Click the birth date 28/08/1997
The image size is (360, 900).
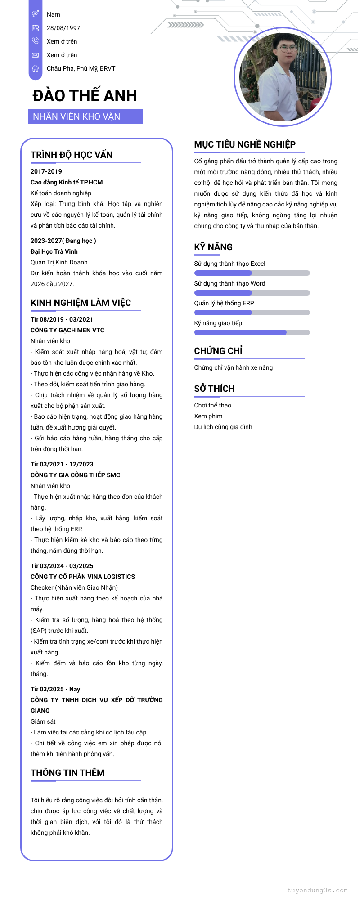63,28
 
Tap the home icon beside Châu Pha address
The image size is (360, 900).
35,68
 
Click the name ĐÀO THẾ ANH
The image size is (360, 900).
85,96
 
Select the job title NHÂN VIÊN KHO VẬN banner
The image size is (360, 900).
85,116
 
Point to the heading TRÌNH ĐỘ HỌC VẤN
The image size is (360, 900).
72,155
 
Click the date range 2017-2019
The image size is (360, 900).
46,171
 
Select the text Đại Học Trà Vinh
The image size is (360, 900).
54,251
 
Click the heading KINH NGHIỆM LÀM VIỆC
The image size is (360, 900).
81,303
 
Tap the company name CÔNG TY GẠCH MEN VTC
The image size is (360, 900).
67,330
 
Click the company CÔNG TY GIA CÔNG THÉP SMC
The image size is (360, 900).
75,475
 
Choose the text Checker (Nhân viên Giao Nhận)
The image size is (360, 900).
74,587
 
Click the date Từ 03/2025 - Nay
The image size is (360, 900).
55,689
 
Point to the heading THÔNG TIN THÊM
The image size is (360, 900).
67,773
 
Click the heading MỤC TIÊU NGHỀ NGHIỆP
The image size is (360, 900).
245,144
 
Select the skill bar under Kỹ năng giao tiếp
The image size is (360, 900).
252,332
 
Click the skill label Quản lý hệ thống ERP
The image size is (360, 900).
224,303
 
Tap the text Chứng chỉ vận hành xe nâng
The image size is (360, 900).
233,367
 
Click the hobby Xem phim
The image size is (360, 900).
208,416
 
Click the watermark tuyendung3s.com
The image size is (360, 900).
317,890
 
